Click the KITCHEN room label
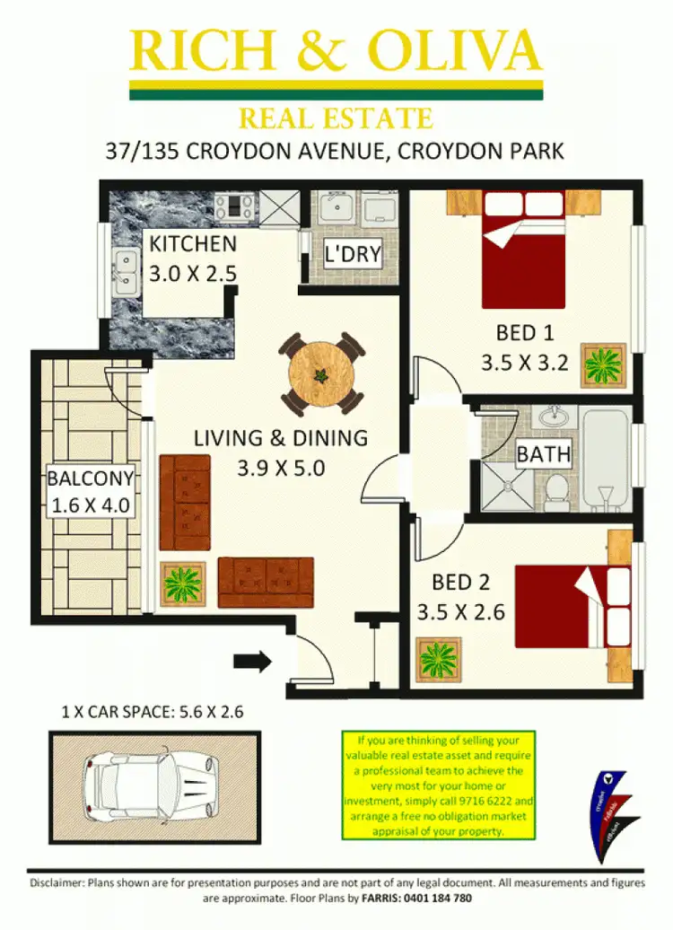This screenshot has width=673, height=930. [193, 244]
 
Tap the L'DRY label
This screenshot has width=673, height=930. [353, 254]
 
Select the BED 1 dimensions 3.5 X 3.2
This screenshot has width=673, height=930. [525, 364]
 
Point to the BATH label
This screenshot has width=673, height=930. [543, 454]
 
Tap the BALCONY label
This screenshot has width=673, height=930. [90, 479]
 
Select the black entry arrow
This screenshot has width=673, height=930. [252, 662]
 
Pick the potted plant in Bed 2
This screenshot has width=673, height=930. [439, 660]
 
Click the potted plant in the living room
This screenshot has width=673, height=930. [182, 583]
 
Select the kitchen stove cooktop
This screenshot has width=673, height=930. [236, 207]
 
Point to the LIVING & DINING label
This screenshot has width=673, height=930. [281, 438]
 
